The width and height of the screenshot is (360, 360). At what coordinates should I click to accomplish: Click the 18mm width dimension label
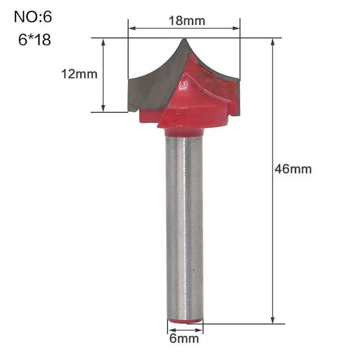[187, 21]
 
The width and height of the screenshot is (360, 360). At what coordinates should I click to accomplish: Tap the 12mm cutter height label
[79, 74]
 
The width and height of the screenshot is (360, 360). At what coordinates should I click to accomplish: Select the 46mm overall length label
[293, 169]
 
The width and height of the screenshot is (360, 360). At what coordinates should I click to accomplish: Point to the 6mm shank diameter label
[184, 339]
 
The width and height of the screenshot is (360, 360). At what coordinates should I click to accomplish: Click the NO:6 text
[33, 17]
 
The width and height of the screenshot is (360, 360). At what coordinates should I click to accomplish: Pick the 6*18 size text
[35, 40]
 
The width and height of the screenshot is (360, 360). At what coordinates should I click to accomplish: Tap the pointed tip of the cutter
[184, 39]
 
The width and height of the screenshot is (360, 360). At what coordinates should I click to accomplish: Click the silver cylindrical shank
[184, 227]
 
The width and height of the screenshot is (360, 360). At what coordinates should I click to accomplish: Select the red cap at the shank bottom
[185, 321]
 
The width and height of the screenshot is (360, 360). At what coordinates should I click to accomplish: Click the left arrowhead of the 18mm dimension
[132, 28]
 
